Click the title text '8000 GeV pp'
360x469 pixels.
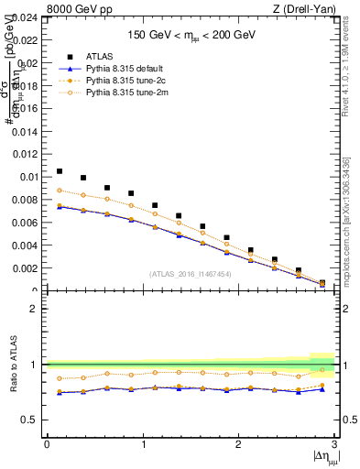pyautogui.click(x=75, y=9)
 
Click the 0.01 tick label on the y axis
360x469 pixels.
pyautogui.click(x=26, y=177)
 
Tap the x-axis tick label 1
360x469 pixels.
pyautogui.click(x=143, y=445)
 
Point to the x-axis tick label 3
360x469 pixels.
pyautogui.click(x=334, y=445)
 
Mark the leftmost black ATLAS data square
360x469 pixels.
pyautogui.click(x=60, y=171)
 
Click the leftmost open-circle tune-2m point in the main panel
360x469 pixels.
pyautogui.click(x=60, y=191)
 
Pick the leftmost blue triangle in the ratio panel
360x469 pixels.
pyautogui.click(x=60, y=392)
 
